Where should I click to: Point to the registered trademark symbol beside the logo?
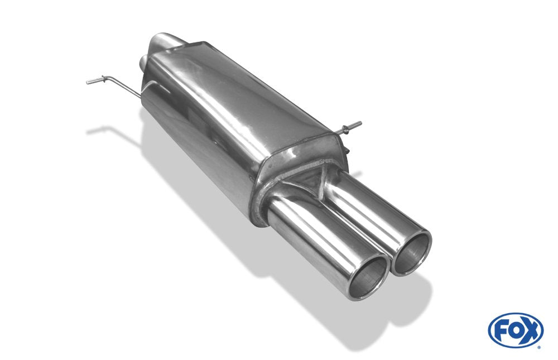pos(541,347)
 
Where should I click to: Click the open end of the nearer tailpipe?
pos(369,276)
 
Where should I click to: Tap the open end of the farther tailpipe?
pos(412,252)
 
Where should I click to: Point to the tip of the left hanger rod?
pos(87,83)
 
